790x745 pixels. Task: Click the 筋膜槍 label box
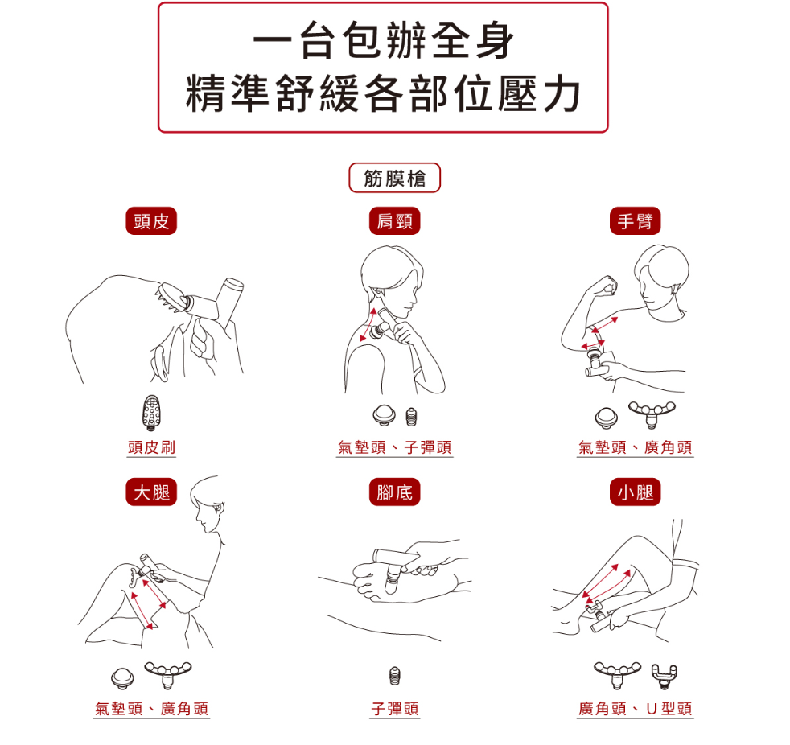pyautogui.click(x=394, y=178)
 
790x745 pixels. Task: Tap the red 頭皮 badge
pyautogui.click(x=151, y=221)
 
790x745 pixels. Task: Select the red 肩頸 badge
pyautogui.click(x=394, y=221)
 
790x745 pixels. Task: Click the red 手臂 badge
pyautogui.click(x=635, y=221)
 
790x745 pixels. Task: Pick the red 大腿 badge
pyautogui.click(x=151, y=492)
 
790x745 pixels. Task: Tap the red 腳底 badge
pyautogui.click(x=394, y=492)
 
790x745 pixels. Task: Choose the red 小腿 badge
pyautogui.click(x=635, y=492)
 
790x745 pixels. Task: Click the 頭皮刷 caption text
pyautogui.click(x=151, y=447)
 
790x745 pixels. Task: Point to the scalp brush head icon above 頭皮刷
pyautogui.click(x=151, y=413)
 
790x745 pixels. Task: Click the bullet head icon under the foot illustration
pyautogui.click(x=396, y=676)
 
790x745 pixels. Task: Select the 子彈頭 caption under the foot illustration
pyautogui.click(x=394, y=709)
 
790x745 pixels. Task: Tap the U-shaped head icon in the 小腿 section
pyautogui.click(x=665, y=676)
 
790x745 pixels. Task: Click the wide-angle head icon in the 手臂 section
pyautogui.click(x=652, y=413)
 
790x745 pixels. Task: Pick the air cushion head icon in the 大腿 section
pyautogui.click(x=122, y=678)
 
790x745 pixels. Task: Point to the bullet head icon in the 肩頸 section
pyautogui.click(x=412, y=417)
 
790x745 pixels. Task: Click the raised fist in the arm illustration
pyautogui.click(x=607, y=286)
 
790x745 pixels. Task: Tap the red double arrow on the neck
pyautogui.click(x=368, y=325)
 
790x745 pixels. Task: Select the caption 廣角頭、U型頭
pyautogui.click(x=635, y=709)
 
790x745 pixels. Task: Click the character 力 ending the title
pyautogui.click(x=562, y=94)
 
